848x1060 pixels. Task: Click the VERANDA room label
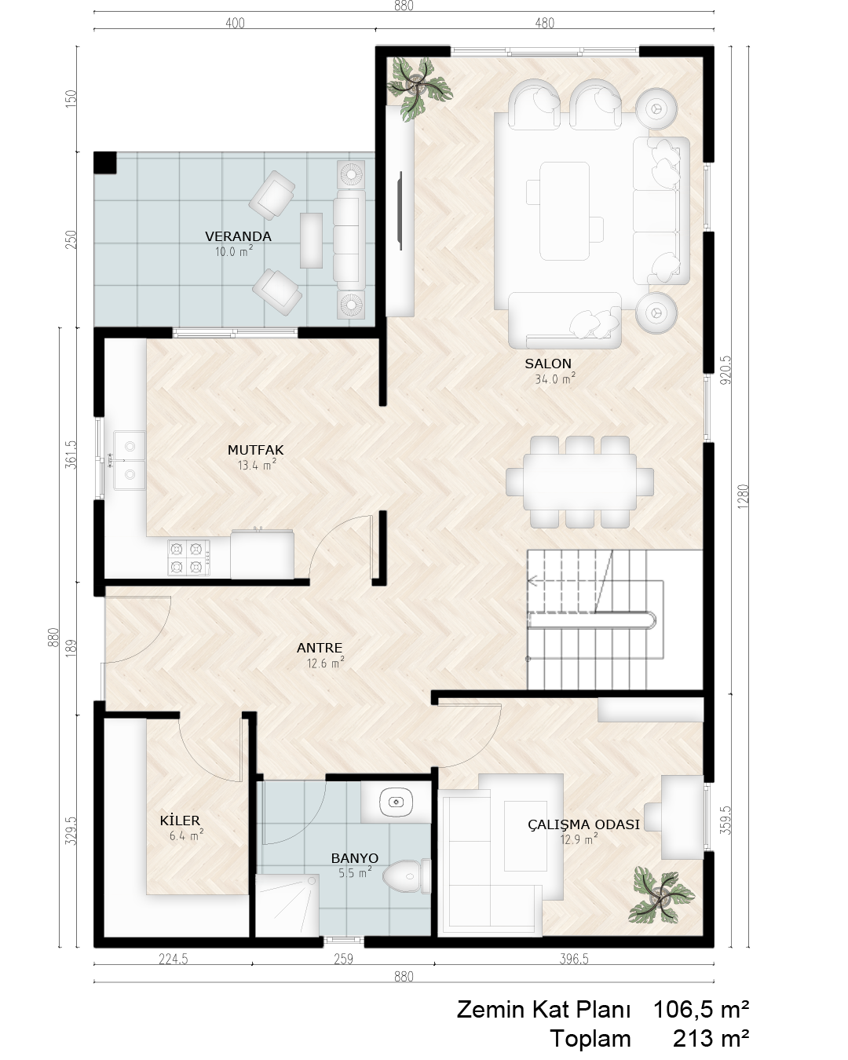click(x=238, y=236)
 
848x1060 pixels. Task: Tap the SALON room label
click(x=548, y=364)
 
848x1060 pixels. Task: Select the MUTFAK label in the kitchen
click(x=256, y=450)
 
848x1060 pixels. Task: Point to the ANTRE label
click(x=320, y=648)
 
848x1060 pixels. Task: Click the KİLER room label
click(x=180, y=821)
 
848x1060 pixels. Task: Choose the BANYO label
click(x=355, y=858)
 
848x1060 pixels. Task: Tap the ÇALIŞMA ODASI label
click(x=584, y=824)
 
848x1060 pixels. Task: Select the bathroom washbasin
click(x=397, y=803)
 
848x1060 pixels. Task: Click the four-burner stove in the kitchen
click(x=188, y=557)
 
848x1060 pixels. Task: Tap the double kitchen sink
click(x=130, y=461)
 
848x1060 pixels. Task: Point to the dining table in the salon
click(x=580, y=482)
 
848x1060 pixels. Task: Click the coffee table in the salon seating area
click(x=565, y=210)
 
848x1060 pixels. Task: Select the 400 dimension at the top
click(x=235, y=23)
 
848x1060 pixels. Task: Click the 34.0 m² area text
click(x=555, y=378)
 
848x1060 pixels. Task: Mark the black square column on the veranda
click(x=105, y=163)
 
